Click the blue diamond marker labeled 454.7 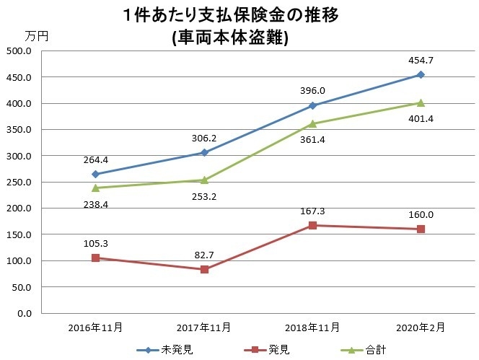click(x=421, y=74)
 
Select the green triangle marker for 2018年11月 click(x=312, y=123)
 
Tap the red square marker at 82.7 click(x=204, y=269)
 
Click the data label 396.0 click(x=312, y=90)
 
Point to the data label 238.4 click(x=96, y=204)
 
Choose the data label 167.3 click(x=312, y=211)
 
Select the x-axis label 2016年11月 click(x=96, y=327)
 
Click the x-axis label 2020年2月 click(x=421, y=327)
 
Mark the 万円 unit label click(x=36, y=35)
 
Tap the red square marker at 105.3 click(x=96, y=258)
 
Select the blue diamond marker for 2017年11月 click(x=204, y=152)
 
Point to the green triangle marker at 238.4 click(x=96, y=188)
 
